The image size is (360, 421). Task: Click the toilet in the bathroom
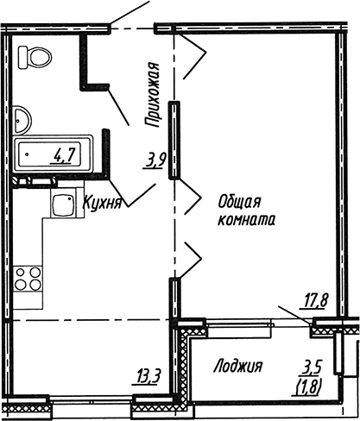[35, 58]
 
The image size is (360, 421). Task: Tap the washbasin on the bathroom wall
[22, 120]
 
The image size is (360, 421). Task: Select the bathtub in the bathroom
[53, 154]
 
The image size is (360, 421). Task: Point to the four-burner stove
[28, 279]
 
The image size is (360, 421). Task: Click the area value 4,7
[63, 156]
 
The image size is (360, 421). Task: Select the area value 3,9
[155, 162]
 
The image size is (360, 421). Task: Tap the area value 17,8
[313, 302]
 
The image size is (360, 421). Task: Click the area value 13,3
[146, 377]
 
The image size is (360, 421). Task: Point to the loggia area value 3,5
[311, 368]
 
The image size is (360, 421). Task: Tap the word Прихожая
[152, 95]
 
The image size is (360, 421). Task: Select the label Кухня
[102, 204]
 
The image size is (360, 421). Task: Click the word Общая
[239, 201]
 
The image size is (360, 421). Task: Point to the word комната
[247, 220]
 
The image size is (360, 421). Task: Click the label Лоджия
[238, 367]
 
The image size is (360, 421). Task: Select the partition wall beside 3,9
[174, 141]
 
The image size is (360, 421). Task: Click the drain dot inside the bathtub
[27, 154]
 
